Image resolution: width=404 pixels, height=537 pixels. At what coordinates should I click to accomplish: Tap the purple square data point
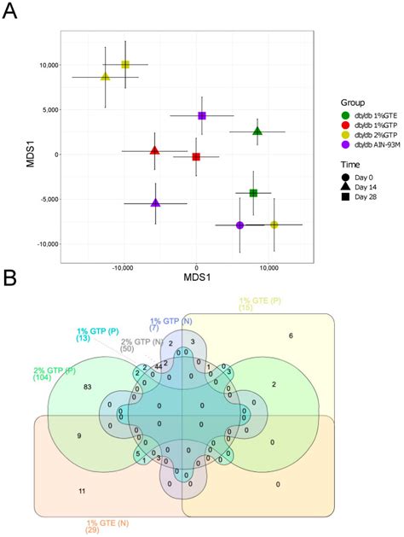[202, 115]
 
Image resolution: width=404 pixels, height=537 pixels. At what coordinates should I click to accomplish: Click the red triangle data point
[154, 151]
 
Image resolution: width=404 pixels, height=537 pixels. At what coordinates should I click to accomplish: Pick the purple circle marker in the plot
[240, 225]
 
